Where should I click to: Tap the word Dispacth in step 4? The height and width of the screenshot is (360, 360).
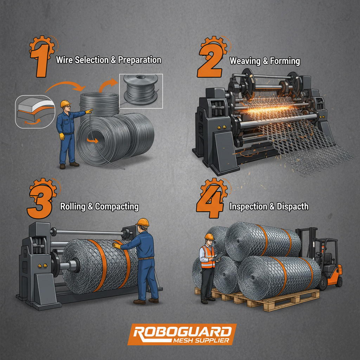click(292, 207)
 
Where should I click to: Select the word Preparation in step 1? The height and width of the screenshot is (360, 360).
click(140, 60)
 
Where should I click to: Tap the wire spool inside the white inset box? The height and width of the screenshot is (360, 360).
click(141, 90)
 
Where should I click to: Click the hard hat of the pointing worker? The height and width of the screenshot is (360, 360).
click(65, 104)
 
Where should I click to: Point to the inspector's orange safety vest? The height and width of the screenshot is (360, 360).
click(207, 257)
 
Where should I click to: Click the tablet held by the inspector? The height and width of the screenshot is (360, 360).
click(217, 256)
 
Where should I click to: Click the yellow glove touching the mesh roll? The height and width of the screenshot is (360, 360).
click(117, 246)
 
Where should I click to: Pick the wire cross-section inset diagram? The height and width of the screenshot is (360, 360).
click(35, 111)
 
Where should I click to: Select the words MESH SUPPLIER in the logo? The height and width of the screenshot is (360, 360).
click(201, 340)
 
